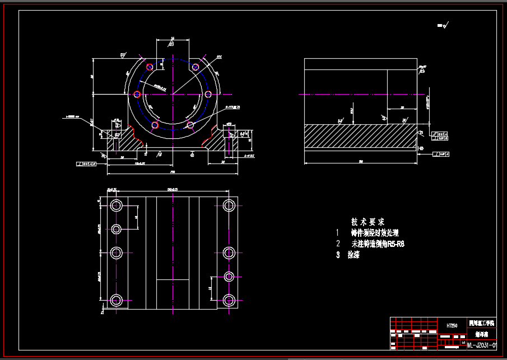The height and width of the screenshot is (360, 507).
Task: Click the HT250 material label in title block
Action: [x=452, y=325]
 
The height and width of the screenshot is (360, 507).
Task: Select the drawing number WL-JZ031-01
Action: [x=481, y=345]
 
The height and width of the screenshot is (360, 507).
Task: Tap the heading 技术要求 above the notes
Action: [x=368, y=222]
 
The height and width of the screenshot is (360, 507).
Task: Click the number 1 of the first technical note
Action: [x=338, y=232]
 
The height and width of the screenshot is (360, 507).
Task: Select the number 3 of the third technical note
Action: [x=338, y=255]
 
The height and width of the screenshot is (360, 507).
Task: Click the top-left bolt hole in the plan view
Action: [x=117, y=205]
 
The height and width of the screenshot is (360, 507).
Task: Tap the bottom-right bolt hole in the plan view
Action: [x=229, y=300]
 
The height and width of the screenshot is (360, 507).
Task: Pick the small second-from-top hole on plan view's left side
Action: [x=117, y=229]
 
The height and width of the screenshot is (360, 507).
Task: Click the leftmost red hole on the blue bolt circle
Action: [x=137, y=95]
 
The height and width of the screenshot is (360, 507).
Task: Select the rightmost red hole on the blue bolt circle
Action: [x=208, y=95]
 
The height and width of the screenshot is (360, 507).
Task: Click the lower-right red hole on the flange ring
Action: [x=190, y=124]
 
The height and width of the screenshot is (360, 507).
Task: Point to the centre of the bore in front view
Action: [x=173, y=95]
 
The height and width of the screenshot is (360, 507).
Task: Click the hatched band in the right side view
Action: [x=360, y=136]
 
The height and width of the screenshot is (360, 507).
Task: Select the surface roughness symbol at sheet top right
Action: [x=446, y=25]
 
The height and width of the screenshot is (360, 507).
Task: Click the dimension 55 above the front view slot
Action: [x=172, y=39]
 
